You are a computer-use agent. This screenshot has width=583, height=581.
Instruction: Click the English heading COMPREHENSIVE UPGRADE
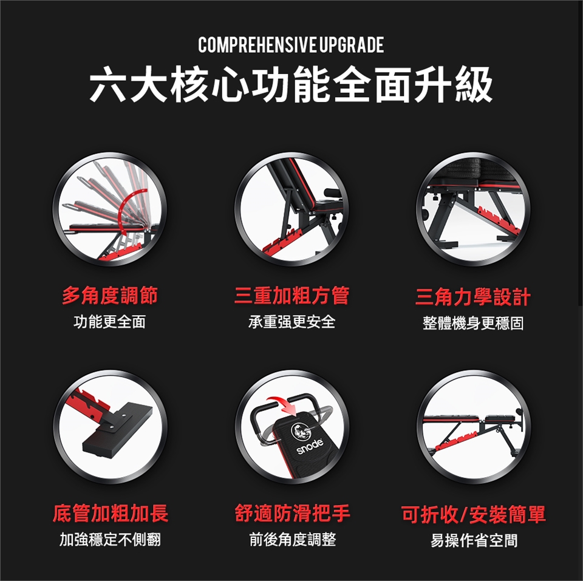[291, 45]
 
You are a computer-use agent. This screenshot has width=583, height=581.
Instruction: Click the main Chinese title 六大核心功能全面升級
[291, 84]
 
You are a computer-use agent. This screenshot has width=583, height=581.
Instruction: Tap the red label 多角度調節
[110, 296]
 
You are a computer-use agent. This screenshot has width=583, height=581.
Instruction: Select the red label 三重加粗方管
[292, 296]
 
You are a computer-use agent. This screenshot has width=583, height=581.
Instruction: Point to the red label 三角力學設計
[473, 297]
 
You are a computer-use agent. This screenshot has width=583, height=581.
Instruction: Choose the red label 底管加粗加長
[111, 514]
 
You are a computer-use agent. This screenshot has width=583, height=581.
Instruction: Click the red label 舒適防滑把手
[292, 514]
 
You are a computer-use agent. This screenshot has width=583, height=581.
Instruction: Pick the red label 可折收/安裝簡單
[474, 514]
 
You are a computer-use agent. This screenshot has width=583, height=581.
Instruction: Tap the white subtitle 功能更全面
[110, 322]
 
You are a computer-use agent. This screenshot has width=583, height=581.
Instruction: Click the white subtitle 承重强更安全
[292, 322]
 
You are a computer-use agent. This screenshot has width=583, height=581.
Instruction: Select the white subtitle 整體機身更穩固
[473, 324]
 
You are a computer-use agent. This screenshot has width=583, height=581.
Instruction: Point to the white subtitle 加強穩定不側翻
[111, 539]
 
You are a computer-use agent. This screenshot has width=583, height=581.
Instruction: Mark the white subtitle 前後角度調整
[293, 539]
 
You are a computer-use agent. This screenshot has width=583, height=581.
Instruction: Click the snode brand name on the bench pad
[309, 446]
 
